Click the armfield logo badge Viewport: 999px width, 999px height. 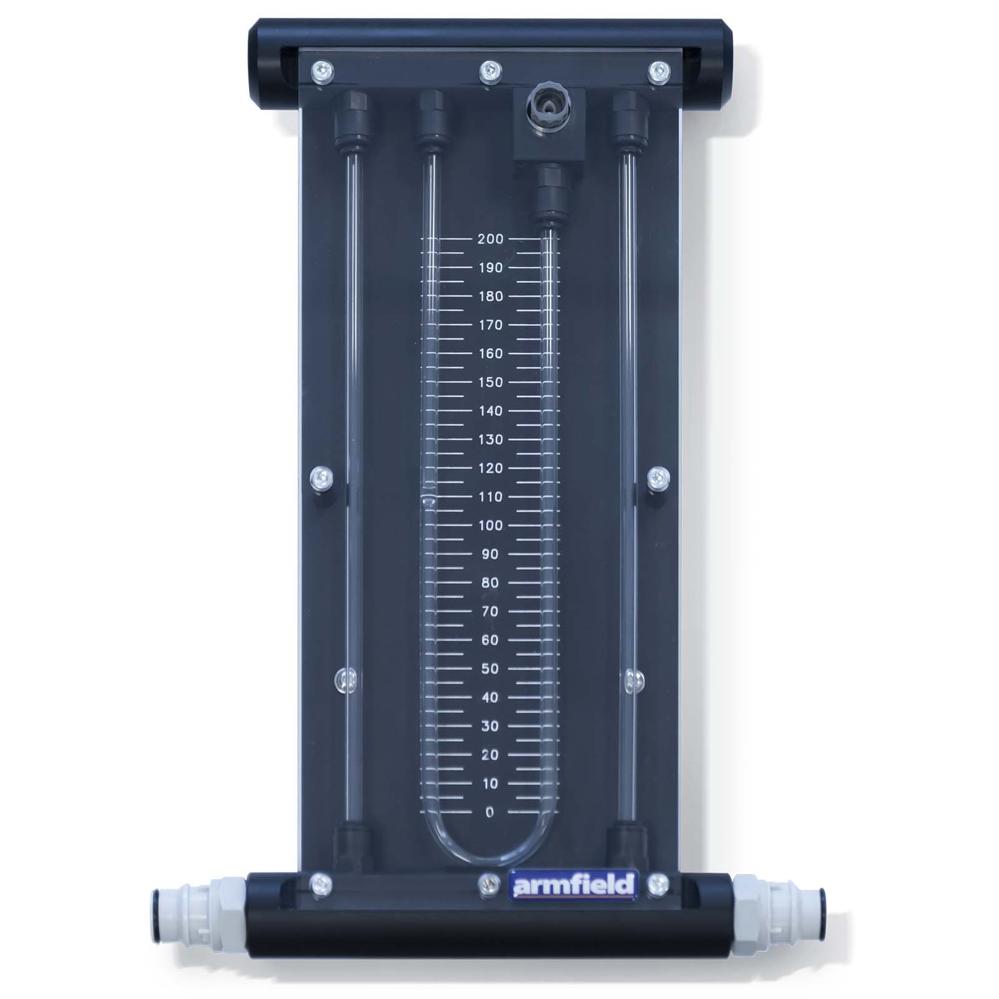point(573,885)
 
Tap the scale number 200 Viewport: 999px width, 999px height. point(490,239)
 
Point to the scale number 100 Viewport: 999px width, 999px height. point(490,525)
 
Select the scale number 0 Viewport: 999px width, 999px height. point(490,812)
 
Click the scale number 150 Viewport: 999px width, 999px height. point(490,382)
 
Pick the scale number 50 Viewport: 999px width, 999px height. point(490,669)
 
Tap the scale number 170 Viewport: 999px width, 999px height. point(490,325)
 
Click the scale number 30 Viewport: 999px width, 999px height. point(490,726)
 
